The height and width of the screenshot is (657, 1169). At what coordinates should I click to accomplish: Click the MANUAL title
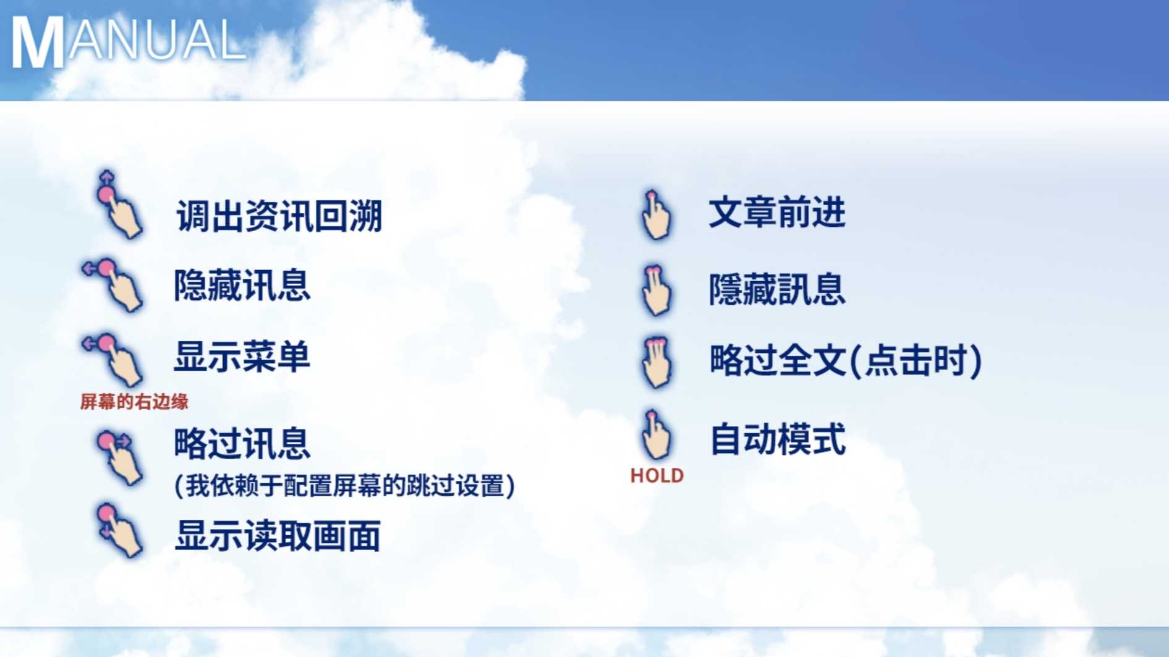point(129,41)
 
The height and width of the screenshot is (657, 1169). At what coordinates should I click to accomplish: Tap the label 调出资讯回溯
point(279,216)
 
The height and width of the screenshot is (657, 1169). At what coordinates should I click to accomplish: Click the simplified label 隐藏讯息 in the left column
point(242,286)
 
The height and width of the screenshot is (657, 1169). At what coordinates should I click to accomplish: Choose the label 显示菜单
point(242,357)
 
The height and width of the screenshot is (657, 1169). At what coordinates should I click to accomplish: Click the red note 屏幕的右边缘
point(134,402)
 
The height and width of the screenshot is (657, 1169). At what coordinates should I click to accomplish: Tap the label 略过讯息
point(242,443)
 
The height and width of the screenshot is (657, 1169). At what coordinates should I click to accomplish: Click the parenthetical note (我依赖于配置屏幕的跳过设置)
point(345,486)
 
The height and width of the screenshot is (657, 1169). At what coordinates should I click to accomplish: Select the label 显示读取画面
point(278,535)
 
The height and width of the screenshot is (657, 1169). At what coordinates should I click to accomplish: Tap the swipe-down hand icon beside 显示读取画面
point(119,530)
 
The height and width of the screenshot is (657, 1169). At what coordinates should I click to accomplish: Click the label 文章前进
point(777,213)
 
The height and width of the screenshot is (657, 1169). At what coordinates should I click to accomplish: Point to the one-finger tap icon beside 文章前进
point(655,214)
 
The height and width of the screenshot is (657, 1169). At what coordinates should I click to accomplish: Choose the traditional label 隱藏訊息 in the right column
point(777,289)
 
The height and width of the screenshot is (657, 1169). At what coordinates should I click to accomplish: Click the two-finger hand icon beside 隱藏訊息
point(655,290)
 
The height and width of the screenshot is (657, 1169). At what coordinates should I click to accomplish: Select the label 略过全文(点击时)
point(846,360)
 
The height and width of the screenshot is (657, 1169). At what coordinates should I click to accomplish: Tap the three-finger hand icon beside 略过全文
point(655,362)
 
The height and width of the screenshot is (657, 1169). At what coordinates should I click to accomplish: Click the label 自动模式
point(777,439)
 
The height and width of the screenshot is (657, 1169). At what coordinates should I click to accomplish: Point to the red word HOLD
point(657,476)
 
